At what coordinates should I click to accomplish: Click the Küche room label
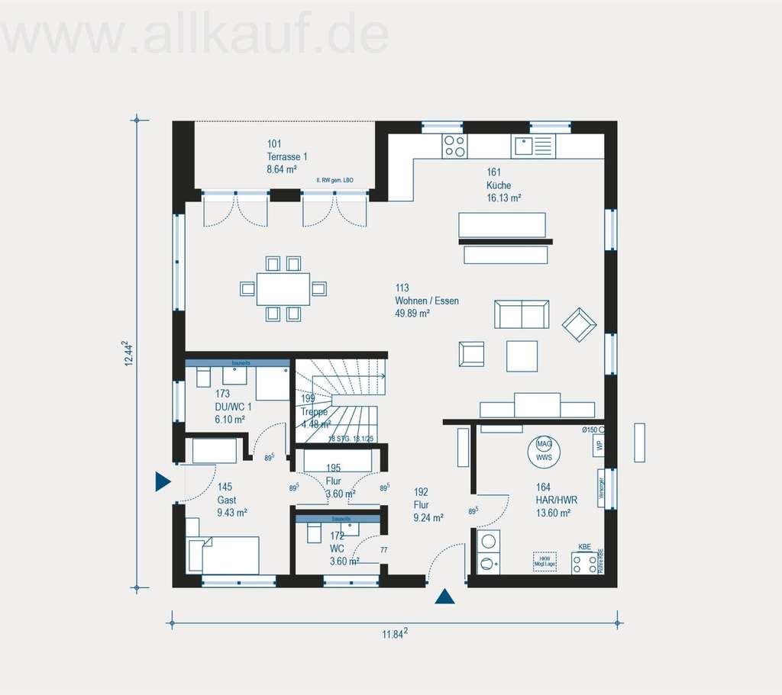click(499, 185)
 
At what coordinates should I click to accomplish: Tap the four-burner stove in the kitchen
click(454, 146)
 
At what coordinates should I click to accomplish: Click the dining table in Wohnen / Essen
click(283, 288)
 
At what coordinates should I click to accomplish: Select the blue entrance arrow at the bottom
click(444, 597)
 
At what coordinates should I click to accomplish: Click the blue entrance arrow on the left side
click(162, 481)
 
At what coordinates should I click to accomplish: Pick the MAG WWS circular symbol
click(544, 450)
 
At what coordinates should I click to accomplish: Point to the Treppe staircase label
click(314, 412)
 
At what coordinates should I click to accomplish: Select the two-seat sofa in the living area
click(522, 314)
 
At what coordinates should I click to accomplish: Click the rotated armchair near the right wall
click(580, 325)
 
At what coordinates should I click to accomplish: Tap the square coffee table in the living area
click(522, 356)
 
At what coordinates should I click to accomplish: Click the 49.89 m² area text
click(412, 313)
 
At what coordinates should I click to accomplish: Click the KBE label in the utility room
click(584, 547)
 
